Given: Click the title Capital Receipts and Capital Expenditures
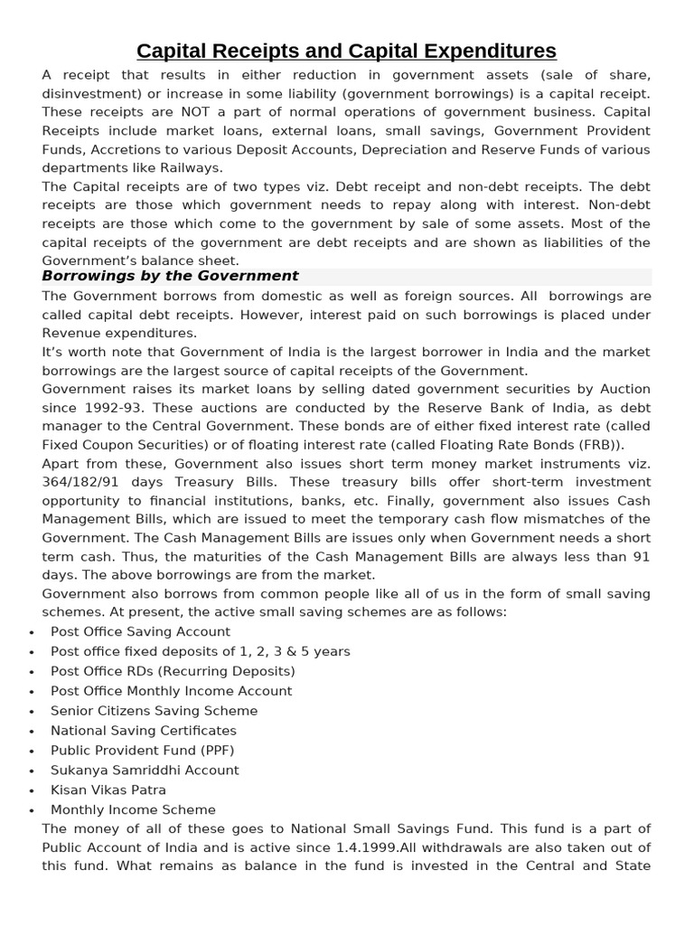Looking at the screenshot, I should pyautogui.click(x=346, y=50).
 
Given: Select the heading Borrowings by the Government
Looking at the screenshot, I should pyautogui.click(x=170, y=276).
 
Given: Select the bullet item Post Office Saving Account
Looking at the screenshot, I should pyautogui.click(x=140, y=631).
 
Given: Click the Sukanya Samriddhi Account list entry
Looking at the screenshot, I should pyautogui.click(x=145, y=770).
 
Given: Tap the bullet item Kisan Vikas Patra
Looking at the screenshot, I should pyautogui.click(x=108, y=790).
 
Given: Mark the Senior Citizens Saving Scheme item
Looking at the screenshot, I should pyautogui.click(x=154, y=711).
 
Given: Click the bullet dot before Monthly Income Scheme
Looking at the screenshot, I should pyautogui.click(x=32, y=811).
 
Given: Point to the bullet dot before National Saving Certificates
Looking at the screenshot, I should pyautogui.click(x=32, y=732).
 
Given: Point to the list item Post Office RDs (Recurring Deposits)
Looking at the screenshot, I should pyautogui.click(x=173, y=671).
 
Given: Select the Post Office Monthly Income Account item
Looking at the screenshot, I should pyautogui.click(x=171, y=691).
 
